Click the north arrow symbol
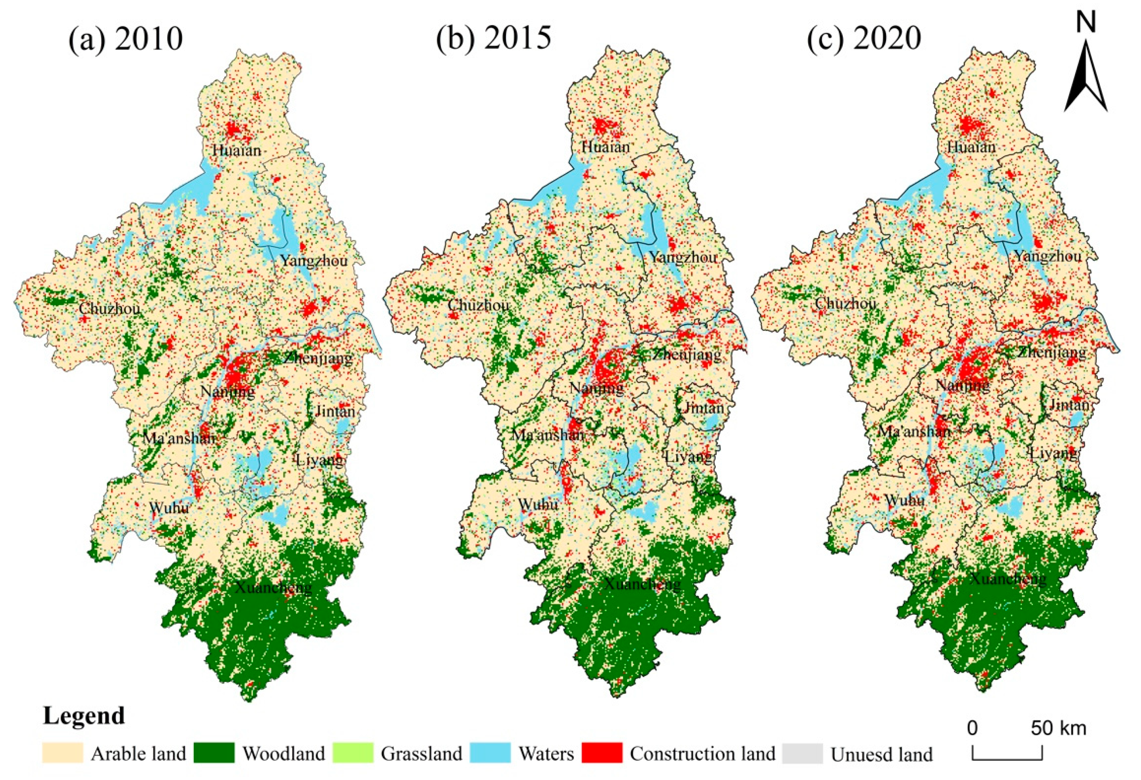(1085, 74)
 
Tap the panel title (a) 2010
(125, 39)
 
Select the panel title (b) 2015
(493, 38)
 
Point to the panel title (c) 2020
(864, 38)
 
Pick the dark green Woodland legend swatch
(214, 753)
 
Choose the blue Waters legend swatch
(490, 753)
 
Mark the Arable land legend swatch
(62, 753)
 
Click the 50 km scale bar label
(1058, 728)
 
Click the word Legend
(84, 716)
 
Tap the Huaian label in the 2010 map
(237, 150)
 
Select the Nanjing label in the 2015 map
(597, 388)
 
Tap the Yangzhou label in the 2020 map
(1048, 256)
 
